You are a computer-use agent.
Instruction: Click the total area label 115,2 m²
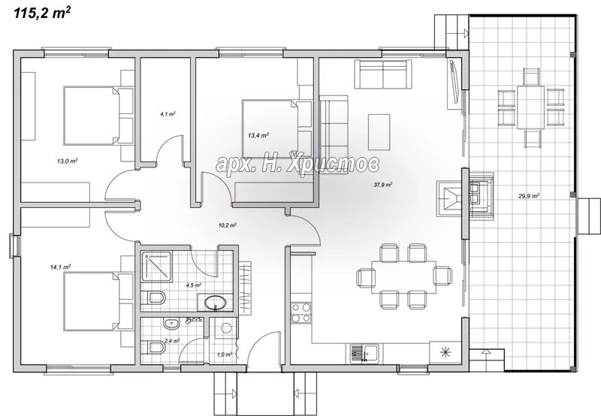[x=42, y=13]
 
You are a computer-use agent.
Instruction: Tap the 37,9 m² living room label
[x=382, y=185]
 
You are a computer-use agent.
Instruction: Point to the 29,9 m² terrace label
[x=529, y=196]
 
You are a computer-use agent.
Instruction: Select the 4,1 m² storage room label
[x=168, y=114]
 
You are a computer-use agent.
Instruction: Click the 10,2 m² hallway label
[x=227, y=225]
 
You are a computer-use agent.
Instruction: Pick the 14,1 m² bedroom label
[x=60, y=267]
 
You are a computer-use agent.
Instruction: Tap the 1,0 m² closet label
[x=224, y=354]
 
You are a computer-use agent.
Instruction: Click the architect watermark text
[x=297, y=163]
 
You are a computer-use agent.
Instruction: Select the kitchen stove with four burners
[x=301, y=312]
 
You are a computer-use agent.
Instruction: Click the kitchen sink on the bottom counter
[x=364, y=353]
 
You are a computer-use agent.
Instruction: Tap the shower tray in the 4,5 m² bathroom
[x=156, y=267]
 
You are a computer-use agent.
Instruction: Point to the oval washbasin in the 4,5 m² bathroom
[x=216, y=303]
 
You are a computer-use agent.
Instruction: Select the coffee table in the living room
[x=379, y=132]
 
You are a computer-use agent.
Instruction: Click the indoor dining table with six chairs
[x=403, y=277]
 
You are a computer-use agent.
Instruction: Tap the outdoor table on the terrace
[x=530, y=107]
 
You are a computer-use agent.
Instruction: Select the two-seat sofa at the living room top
[x=382, y=74]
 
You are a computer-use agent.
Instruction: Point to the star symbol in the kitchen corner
[x=445, y=352]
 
